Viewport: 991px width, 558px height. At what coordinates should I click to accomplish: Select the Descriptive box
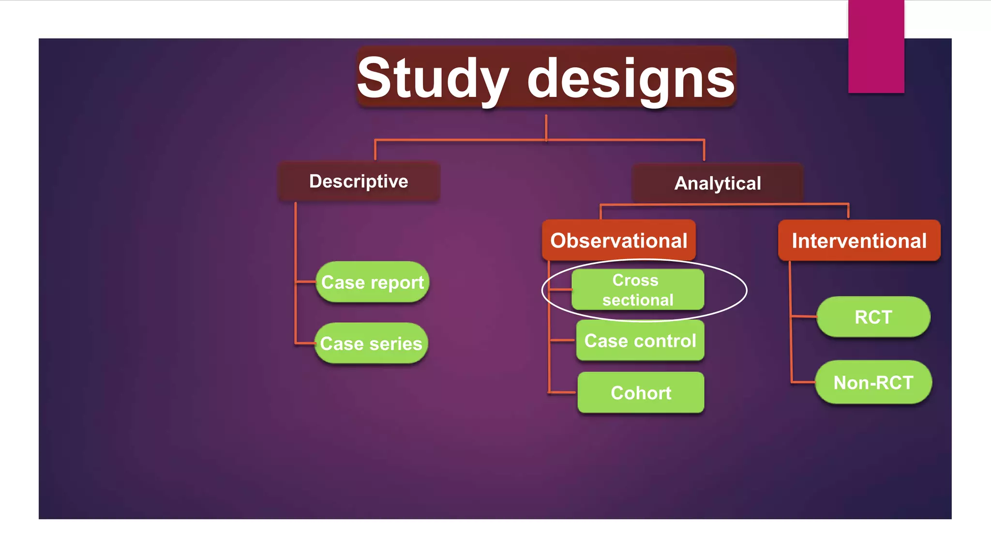click(x=359, y=182)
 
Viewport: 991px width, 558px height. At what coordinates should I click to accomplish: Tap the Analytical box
click(x=718, y=183)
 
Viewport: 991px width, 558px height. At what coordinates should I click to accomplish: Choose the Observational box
click(x=618, y=240)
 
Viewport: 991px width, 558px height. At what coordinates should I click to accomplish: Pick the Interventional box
click(x=859, y=241)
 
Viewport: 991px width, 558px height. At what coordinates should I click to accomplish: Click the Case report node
click(x=372, y=282)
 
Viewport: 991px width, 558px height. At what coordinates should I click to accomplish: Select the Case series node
click(x=371, y=343)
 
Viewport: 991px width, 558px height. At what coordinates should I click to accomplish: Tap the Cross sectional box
click(x=637, y=290)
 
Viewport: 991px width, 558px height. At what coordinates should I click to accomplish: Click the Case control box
click(x=640, y=341)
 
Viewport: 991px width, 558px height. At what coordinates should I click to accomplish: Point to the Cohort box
click(x=641, y=392)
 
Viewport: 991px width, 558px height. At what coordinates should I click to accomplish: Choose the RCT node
click(x=873, y=317)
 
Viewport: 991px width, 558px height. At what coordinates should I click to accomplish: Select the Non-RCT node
click(x=873, y=382)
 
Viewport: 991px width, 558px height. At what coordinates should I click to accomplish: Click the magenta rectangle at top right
click(x=876, y=46)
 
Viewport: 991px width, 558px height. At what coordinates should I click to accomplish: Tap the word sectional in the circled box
click(x=638, y=300)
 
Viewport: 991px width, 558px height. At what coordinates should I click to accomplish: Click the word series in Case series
click(x=396, y=344)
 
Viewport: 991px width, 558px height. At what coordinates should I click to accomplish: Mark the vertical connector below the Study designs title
click(x=546, y=127)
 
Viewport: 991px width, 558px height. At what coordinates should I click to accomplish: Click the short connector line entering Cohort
click(x=563, y=392)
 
